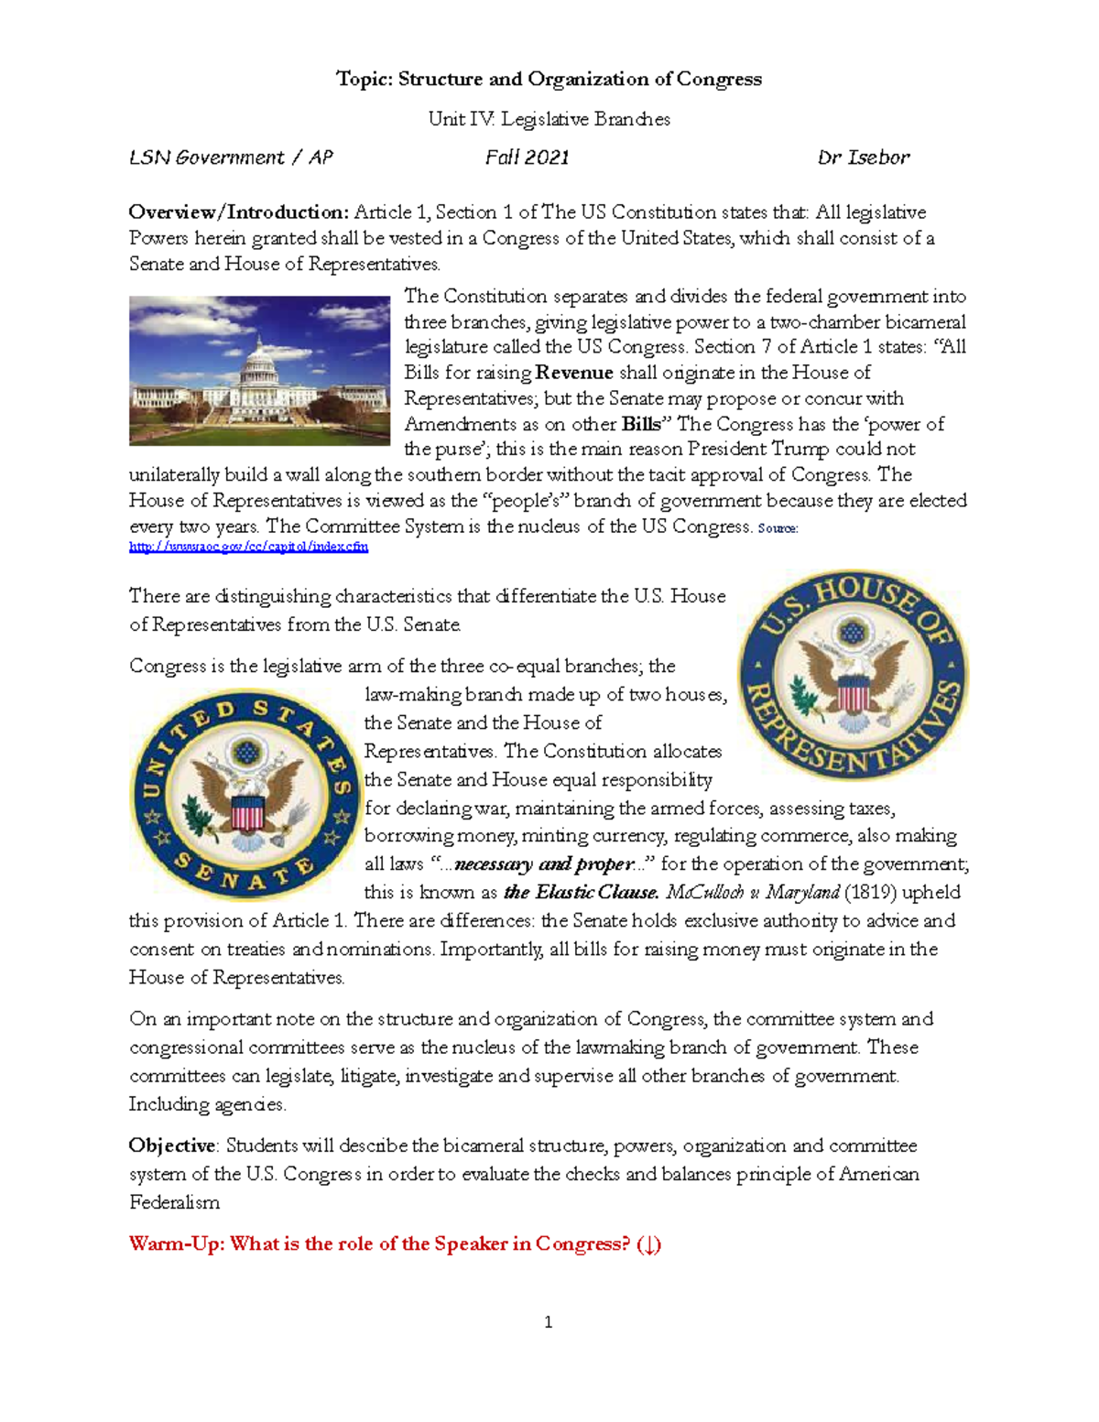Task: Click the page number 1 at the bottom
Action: pyautogui.click(x=548, y=1321)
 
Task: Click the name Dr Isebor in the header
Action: pyautogui.click(x=863, y=157)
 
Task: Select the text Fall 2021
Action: pyautogui.click(x=527, y=157)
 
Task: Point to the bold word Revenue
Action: pyautogui.click(x=574, y=373)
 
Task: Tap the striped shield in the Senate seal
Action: pyautogui.click(x=247, y=813)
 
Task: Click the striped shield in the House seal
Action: pyautogui.click(x=854, y=693)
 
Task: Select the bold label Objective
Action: pyautogui.click(x=172, y=1145)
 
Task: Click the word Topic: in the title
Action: pyautogui.click(x=364, y=79)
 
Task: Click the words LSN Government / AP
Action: pyautogui.click(x=230, y=157)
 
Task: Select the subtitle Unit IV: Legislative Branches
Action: pyautogui.click(x=549, y=119)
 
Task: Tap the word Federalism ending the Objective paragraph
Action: pyautogui.click(x=174, y=1202)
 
